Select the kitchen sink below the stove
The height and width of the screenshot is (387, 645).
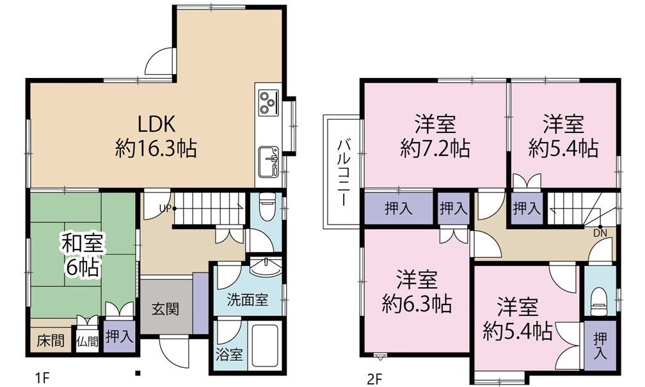[267, 161]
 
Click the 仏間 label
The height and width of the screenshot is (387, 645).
[88, 341]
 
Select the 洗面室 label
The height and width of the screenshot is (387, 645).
[246, 299]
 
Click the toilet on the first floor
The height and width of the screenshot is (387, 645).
[266, 208]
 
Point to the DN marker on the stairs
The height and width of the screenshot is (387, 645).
[601, 232]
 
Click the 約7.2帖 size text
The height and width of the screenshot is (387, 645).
[434, 149]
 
